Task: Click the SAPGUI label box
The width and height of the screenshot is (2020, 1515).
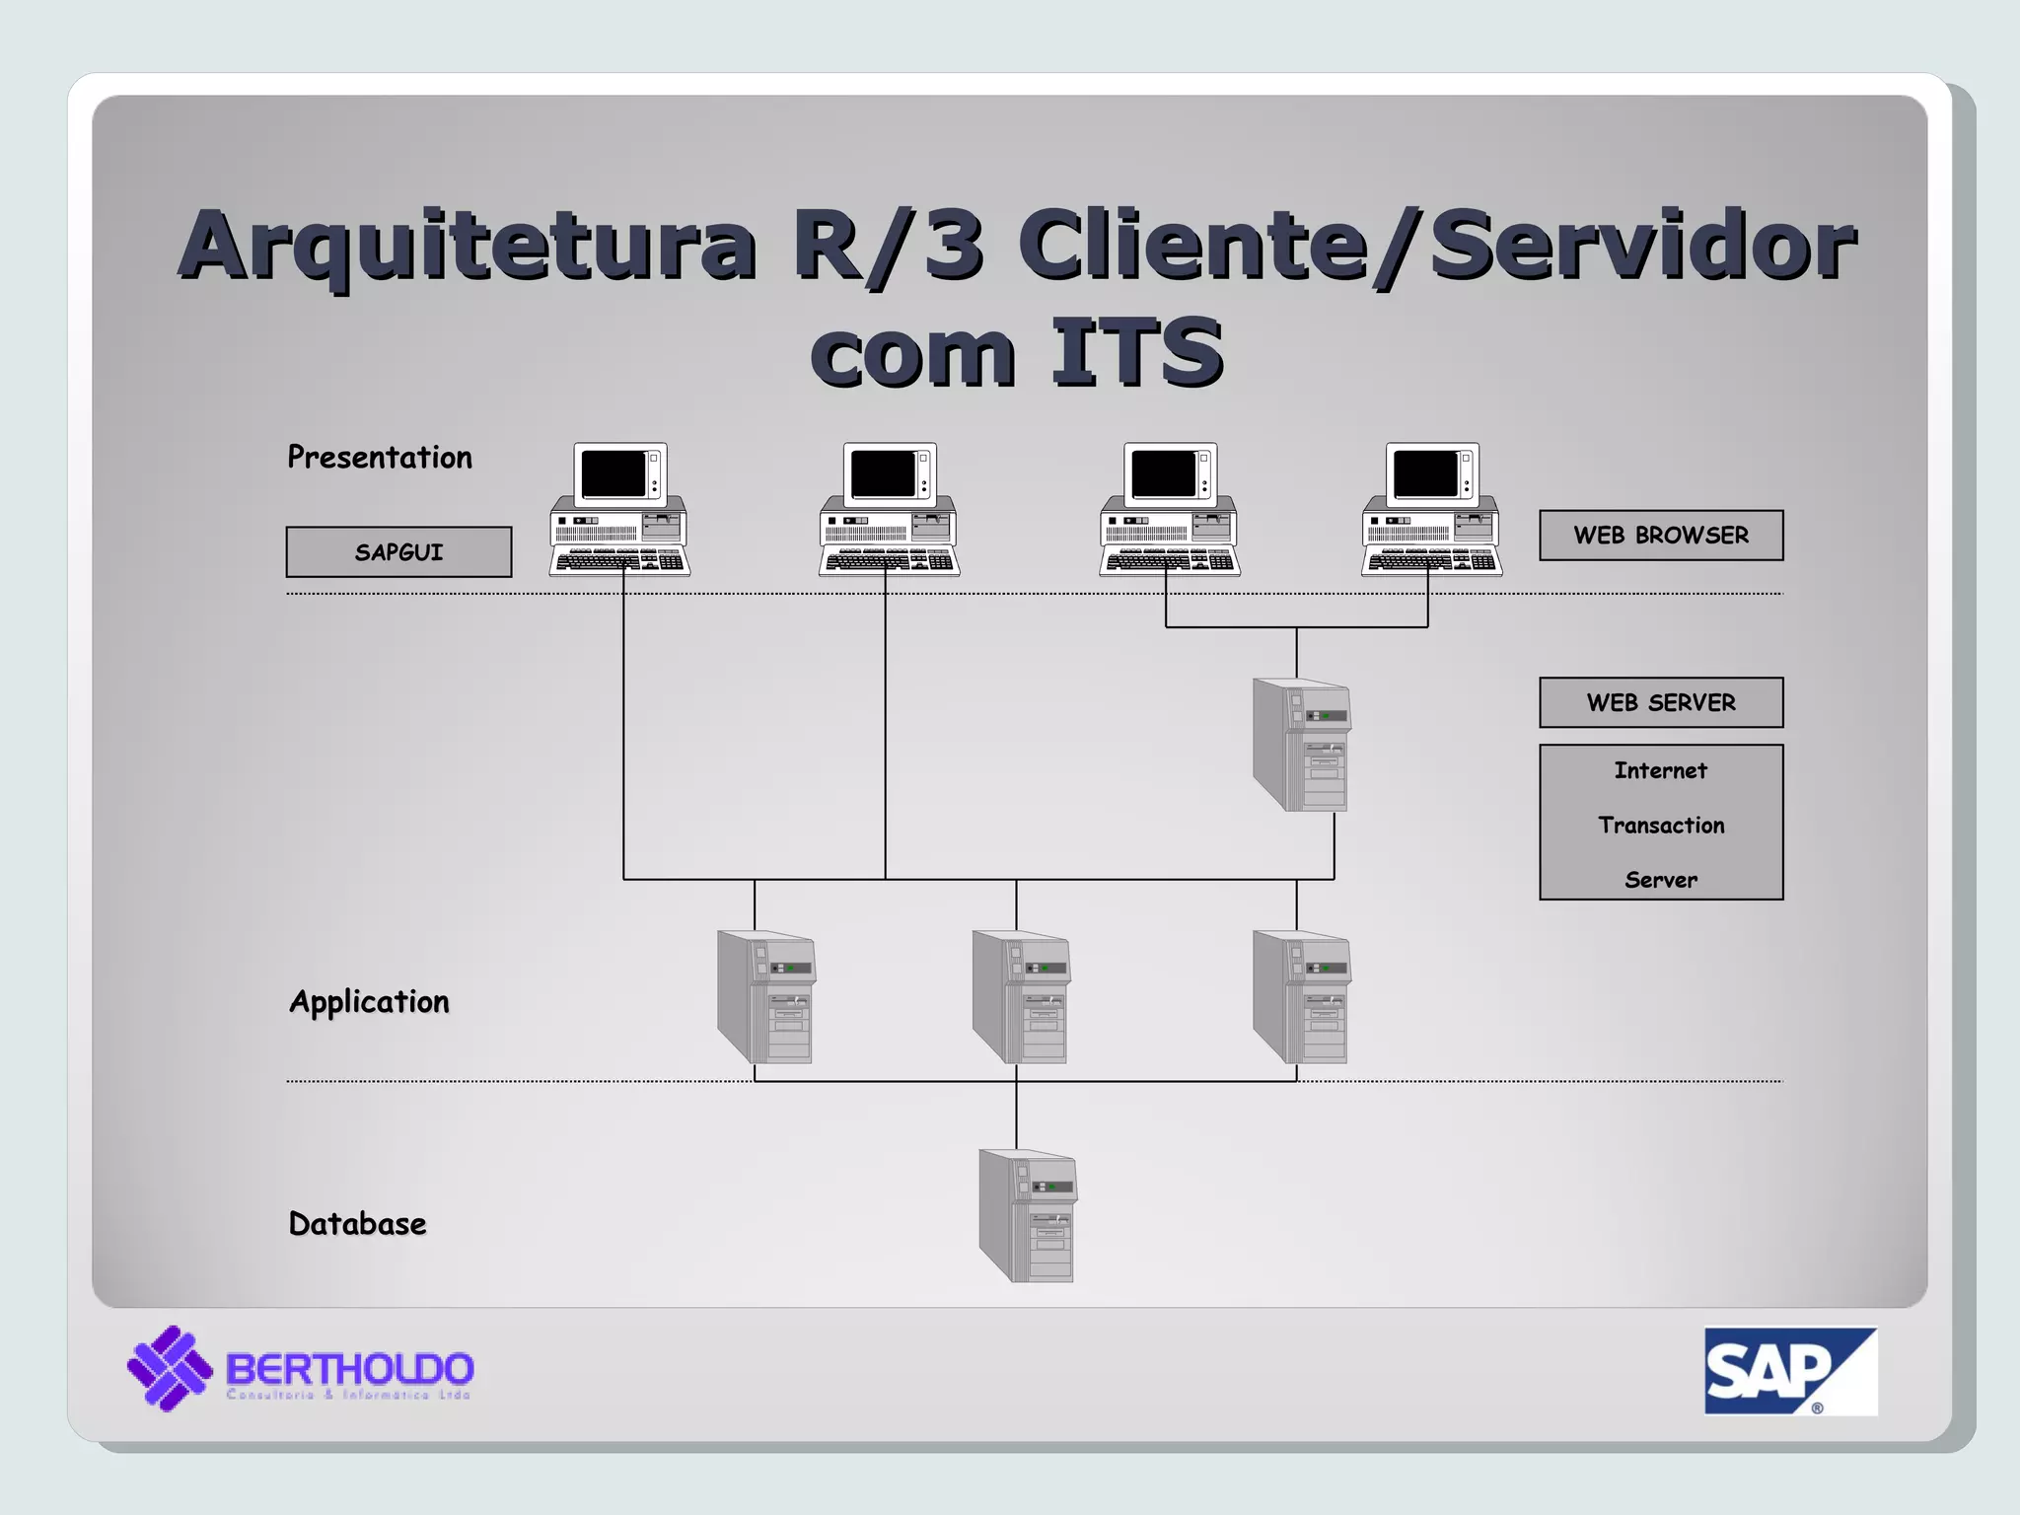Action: click(x=398, y=552)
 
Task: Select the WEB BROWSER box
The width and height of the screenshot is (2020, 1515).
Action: click(x=1661, y=536)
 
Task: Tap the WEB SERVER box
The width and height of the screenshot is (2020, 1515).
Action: click(x=1661, y=702)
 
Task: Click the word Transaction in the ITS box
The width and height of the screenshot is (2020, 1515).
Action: click(x=1661, y=826)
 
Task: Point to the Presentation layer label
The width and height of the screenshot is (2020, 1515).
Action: click(x=380, y=458)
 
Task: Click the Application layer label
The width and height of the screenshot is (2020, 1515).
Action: click(x=370, y=1002)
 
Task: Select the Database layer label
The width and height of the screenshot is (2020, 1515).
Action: click(x=357, y=1224)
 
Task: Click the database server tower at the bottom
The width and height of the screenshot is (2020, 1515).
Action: click(x=1028, y=1215)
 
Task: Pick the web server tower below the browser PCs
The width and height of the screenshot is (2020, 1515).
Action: click(x=1301, y=745)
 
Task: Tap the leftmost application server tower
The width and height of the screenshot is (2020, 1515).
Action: click(x=766, y=996)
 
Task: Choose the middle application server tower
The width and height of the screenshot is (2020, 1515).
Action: click(x=1021, y=996)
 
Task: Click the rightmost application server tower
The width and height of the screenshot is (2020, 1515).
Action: click(x=1301, y=996)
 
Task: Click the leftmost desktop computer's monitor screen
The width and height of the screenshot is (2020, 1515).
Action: click(x=613, y=474)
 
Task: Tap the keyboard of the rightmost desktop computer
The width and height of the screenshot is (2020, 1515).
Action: click(x=1430, y=562)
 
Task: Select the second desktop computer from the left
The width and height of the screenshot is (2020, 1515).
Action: click(x=889, y=509)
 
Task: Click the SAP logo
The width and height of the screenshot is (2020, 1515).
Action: click(x=1789, y=1371)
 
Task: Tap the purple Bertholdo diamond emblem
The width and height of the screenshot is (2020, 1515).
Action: click(x=170, y=1368)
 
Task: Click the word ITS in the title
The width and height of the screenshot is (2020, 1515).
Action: click(x=1136, y=352)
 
